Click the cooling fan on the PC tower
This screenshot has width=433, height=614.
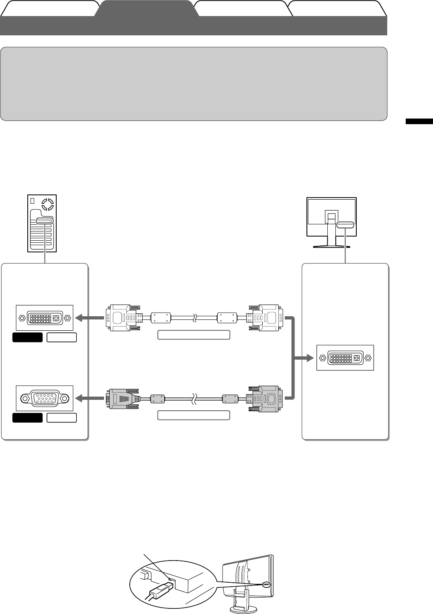(x=47, y=203)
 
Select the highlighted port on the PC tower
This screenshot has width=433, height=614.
(x=44, y=221)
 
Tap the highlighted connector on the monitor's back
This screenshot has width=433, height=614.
(x=345, y=225)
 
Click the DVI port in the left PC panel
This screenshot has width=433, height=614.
(x=44, y=318)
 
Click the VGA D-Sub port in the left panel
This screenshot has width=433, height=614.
(x=44, y=398)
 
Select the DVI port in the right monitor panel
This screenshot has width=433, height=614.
(x=345, y=358)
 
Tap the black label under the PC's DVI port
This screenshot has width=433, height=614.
(x=27, y=337)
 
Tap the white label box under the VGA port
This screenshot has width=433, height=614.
(x=61, y=418)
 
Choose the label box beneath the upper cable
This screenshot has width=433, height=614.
(x=194, y=335)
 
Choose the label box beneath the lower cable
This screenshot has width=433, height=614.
(x=194, y=415)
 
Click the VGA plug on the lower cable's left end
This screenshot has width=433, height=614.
(x=123, y=399)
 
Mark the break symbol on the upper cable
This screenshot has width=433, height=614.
(x=194, y=318)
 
